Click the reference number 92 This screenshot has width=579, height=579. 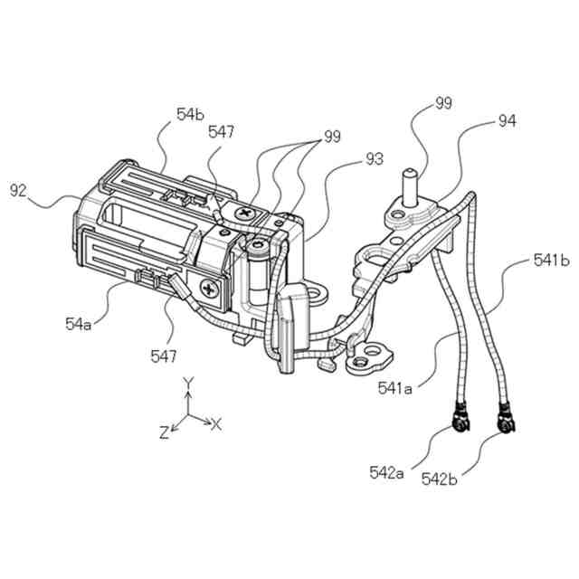click(19, 190)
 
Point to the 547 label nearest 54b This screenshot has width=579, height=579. click(223, 132)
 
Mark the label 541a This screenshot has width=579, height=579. click(395, 389)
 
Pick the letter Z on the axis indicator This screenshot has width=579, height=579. click(164, 432)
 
